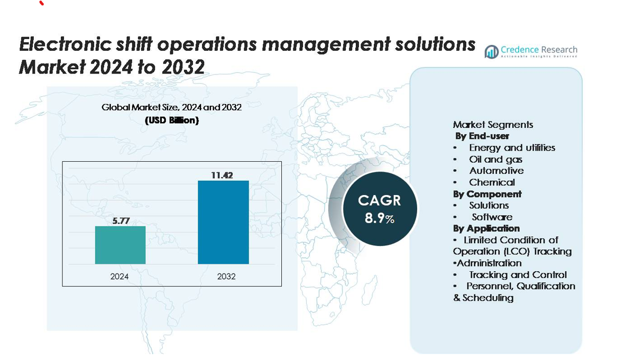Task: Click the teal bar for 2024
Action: point(120,245)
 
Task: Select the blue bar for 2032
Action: point(223,222)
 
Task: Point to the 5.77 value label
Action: point(121,220)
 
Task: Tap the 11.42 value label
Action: point(222,175)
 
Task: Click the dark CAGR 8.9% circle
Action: point(380,208)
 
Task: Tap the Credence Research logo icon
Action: point(492,51)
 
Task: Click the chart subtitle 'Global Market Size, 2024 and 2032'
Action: point(171,107)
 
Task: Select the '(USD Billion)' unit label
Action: point(172,121)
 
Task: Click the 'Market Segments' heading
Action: point(493,125)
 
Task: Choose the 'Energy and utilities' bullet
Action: point(512,148)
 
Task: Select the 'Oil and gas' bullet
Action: point(495,159)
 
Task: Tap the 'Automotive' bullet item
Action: point(496,171)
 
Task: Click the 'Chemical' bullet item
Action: point(492,182)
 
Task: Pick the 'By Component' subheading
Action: point(487,194)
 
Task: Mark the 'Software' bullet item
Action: point(492,217)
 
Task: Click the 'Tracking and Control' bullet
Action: point(518,275)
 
